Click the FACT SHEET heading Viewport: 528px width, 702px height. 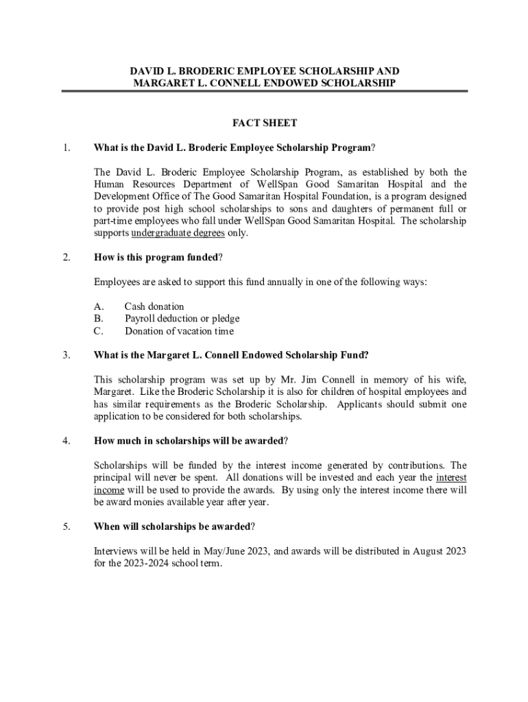click(x=264, y=123)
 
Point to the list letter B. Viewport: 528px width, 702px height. click(x=98, y=319)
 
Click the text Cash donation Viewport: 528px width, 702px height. click(x=154, y=306)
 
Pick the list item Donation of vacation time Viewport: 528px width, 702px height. click(x=179, y=331)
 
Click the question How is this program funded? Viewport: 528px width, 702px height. click(x=158, y=258)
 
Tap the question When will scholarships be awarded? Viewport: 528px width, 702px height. click(x=174, y=526)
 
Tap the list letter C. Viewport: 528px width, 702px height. click(x=98, y=331)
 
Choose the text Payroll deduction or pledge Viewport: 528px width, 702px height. click(x=182, y=319)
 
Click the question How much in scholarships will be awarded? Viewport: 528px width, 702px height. click(x=191, y=441)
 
